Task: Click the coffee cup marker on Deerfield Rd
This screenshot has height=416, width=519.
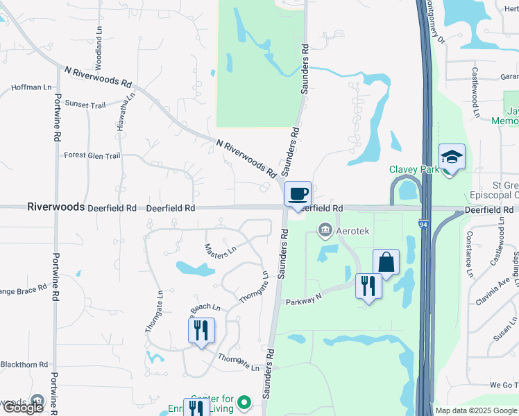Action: click(298, 194)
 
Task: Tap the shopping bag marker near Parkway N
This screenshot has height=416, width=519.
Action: click(386, 263)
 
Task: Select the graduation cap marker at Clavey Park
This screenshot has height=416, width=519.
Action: click(452, 157)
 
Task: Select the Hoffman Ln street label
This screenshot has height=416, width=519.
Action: click(31, 88)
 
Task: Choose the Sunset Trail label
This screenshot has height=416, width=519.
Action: click(85, 104)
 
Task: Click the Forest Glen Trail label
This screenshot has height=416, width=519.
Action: click(92, 156)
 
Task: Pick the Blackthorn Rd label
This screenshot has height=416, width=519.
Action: click(23, 364)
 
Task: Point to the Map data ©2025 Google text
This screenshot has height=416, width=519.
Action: click(475, 410)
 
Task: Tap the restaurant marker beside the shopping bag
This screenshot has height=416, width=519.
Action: click(368, 286)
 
